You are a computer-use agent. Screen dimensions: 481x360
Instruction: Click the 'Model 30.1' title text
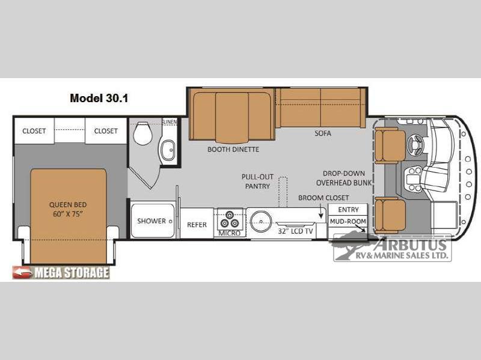tap(99, 98)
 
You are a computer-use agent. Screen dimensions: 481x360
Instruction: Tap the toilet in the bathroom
tap(143, 133)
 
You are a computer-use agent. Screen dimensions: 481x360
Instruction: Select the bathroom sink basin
tap(168, 150)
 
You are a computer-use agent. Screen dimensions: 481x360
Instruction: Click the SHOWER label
tap(152, 221)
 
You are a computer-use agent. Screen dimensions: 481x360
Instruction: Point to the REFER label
tap(197, 225)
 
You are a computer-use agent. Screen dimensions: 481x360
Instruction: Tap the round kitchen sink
tap(261, 221)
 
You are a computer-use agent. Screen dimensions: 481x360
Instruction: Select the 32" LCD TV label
tap(295, 231)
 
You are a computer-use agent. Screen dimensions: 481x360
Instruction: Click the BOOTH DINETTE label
tap(233, 149)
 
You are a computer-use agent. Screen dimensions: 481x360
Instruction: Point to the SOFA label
tap(323, 133)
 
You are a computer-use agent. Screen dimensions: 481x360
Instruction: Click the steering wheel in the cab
tap(416, 144)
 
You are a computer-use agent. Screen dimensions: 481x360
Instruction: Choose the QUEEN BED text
tap(68, 204)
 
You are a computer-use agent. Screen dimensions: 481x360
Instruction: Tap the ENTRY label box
tap(348, 210)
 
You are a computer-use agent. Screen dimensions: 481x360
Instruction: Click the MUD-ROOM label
tap(348, 221)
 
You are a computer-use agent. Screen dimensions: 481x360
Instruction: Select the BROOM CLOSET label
tap(323, 198)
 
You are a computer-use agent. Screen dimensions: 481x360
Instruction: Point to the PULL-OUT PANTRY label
tap(257, 182)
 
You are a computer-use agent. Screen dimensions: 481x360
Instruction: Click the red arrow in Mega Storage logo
tap(22, 272)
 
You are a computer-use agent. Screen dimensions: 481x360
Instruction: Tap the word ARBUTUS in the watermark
tap(411, 245)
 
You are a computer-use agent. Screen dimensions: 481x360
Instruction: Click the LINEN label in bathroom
tap(171, 122)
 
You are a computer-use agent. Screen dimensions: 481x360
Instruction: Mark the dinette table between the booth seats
tap(231, 117)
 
